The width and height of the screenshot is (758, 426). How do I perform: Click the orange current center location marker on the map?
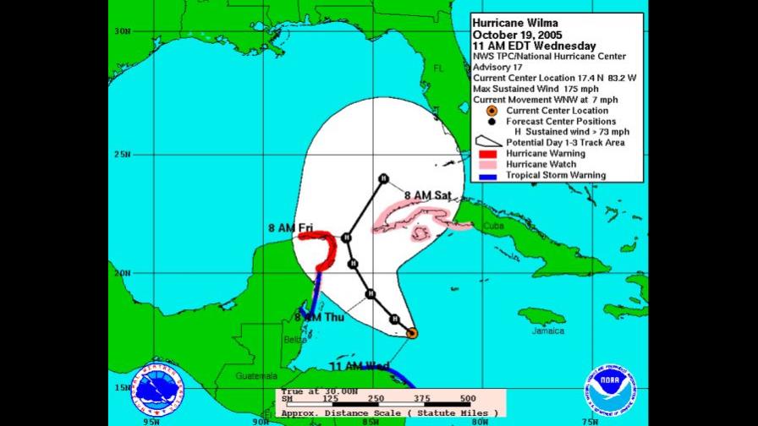(x=411, y=333)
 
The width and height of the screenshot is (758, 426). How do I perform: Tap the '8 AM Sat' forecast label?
(x=428, y=195)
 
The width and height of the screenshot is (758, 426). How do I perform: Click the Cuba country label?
(x=493, y=227)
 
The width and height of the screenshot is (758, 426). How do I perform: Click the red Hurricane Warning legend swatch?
(x=486, y=154)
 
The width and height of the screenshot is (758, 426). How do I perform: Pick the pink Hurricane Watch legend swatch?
(x=486, y=165)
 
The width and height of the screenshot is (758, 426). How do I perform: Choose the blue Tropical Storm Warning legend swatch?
(x=486, y=176)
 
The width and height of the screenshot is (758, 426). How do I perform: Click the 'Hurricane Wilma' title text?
(x=515, y=23)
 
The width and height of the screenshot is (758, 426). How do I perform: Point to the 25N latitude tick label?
(x=123, y=155)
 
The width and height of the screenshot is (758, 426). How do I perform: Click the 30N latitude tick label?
(x=123, y=31)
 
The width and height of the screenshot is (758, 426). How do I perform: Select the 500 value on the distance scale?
(x=467, y=398)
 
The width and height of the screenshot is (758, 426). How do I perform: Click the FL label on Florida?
(x=439, y=68)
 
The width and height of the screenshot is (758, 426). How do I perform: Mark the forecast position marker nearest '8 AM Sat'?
(x=383, y=177)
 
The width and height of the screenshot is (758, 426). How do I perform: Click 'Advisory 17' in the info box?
(x=498, y=68)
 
